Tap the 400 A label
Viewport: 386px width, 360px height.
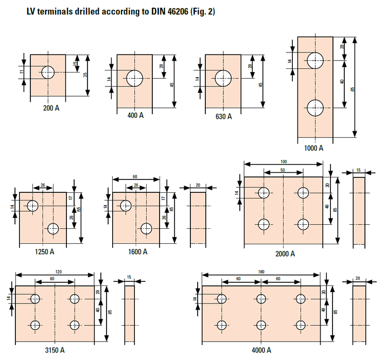pos(135,115)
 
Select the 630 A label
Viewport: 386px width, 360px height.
pos(223,116)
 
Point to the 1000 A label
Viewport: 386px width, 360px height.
pos(313,148)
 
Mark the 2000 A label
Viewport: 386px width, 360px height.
pos(285,254)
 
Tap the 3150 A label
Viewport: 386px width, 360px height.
pos(54,350)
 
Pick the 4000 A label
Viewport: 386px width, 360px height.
pos(261,350)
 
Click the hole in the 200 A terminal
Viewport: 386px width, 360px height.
pos(48,72)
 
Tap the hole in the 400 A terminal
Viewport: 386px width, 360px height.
pos(135,79)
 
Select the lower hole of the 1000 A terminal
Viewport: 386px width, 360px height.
pos(315,108)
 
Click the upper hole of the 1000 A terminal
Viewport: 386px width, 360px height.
pos(315,60)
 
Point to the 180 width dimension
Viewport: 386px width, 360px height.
pos(261,272)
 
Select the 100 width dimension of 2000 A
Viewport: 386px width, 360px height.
pos(284,161)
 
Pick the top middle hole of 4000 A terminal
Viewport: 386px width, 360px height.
pos(261,299)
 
